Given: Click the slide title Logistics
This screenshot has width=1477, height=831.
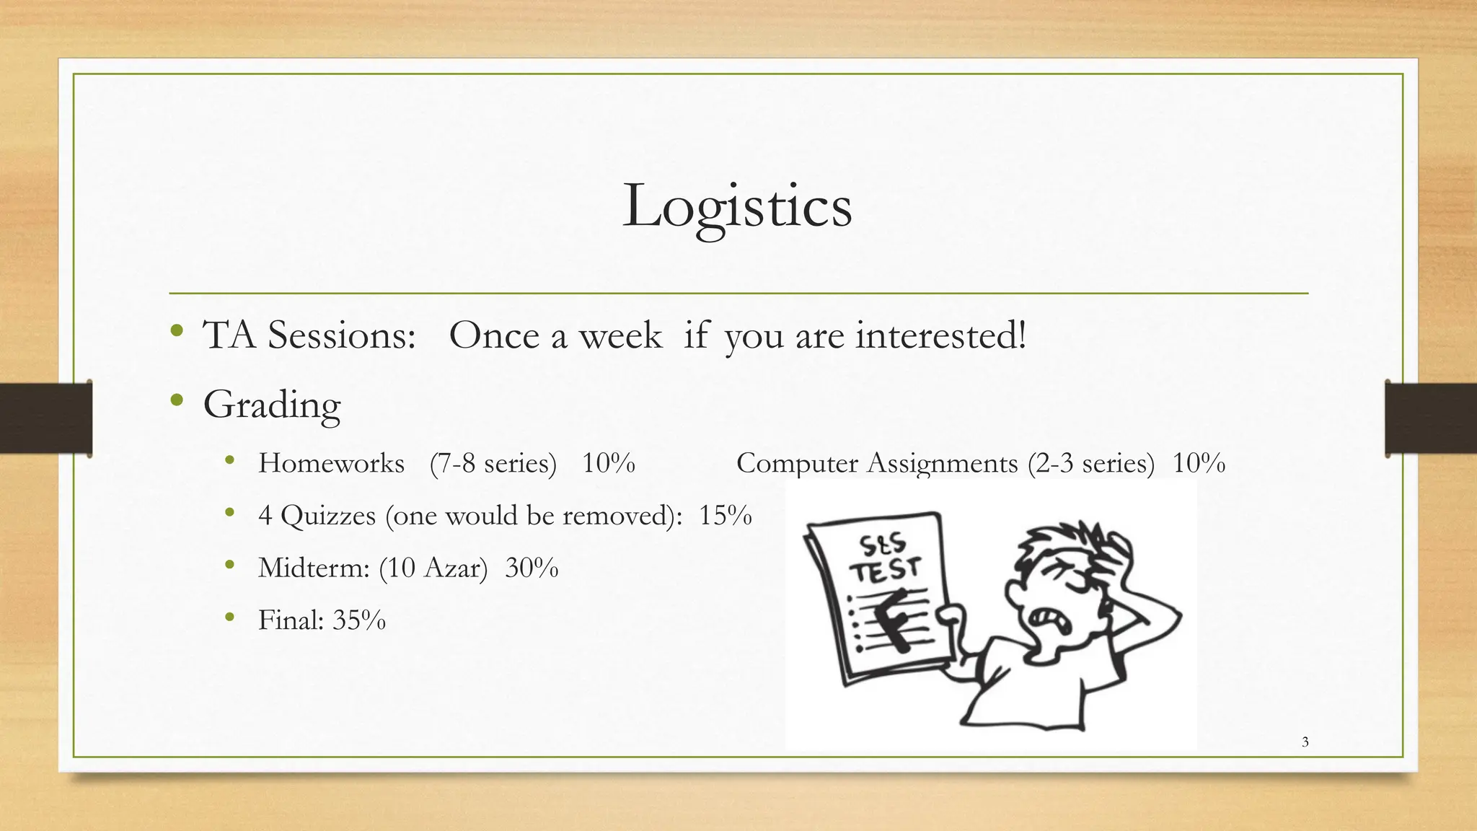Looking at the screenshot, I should pos(737,206).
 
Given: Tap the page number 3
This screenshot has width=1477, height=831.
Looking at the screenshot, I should pos(1305,742).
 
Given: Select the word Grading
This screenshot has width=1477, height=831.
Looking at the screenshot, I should pos(272,405).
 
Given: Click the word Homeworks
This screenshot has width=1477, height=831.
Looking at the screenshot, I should pos(331,463).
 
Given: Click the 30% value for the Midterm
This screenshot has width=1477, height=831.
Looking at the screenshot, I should pos(532,568).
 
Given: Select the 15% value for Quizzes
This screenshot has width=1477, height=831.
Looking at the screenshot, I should pos(725,516).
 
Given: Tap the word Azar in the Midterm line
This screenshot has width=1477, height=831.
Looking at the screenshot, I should pos(451,568).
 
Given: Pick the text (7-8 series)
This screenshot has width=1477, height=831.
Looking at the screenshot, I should pos(493,463).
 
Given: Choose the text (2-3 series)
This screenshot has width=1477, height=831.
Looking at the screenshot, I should pos(1091,463).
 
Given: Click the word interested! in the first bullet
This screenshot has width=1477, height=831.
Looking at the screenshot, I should pos(940,335).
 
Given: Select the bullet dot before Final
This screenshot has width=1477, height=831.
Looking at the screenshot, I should pos(229,617).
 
